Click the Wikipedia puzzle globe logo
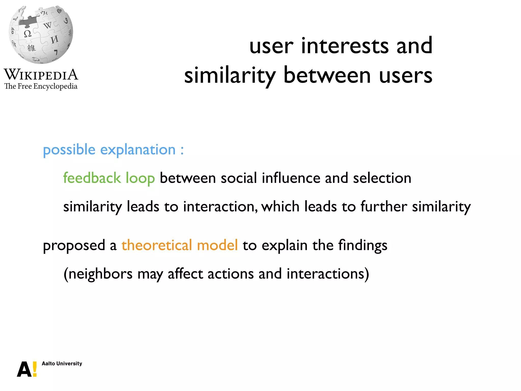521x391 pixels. point(41,35)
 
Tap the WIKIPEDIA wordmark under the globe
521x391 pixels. point(41,75)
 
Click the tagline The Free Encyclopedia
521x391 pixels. point(41,86)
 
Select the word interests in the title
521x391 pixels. point(345,46)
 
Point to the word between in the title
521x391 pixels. point(327,76)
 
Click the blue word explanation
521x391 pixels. point(138,150)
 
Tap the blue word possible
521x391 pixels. point(69,150)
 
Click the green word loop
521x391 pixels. point(140,178)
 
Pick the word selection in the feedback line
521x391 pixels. point(382,178)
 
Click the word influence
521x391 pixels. point(291,178)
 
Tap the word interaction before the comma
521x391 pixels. point(219,206)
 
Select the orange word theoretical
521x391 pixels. point(156,245)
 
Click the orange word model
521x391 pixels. point(217,245)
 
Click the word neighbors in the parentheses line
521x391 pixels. point(100,274)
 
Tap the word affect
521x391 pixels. point(185,274)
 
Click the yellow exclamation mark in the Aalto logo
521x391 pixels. point(35,369)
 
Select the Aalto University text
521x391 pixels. point(62,364)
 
